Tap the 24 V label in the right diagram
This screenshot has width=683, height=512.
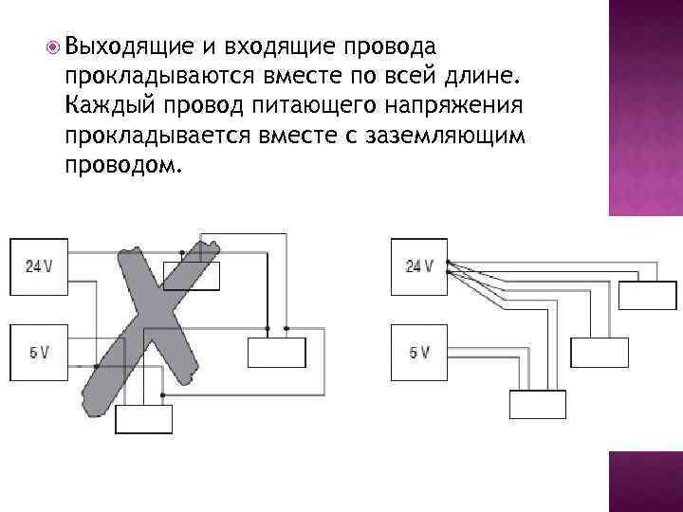pos(419,266)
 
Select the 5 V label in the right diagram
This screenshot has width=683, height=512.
pos(419,353)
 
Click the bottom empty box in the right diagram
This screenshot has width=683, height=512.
pos(537,404)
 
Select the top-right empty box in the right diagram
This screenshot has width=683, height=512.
pos(647,295)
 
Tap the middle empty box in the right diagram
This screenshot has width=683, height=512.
pos(599,352)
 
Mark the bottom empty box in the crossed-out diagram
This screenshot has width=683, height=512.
pos(143,418)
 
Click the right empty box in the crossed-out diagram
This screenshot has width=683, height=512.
pos(276,352)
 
